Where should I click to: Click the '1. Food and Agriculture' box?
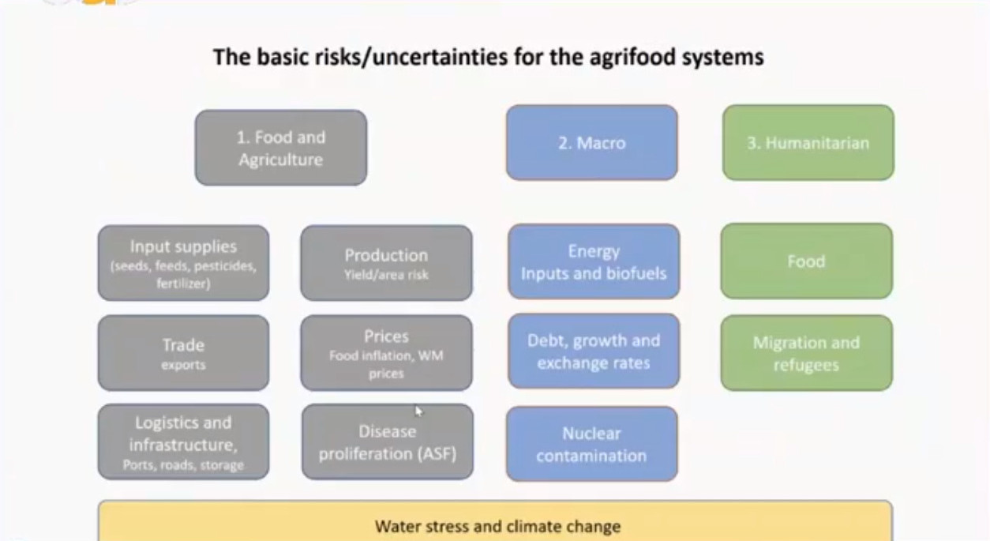pyautogui.click(x=281, y=148)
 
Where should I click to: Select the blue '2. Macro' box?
pyautogui.click(x=592, y=142)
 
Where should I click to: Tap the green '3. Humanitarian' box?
pyautogui.click(x=808, y=142)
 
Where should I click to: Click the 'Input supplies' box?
pyautogui.click(x=183, y=263)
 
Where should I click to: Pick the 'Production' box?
pyautogui.click(x=386, y=263)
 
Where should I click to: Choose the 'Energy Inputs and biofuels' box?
pyautogui.click(x=594, y=261)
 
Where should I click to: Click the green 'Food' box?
pyautogui.click(x=807, y=261)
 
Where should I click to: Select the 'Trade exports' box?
pyautogui.click(x=183, y=353)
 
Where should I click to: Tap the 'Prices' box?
pyautogui.click(x=386, y=353)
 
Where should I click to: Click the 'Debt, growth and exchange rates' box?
pyautogui.click(x=594, y=351)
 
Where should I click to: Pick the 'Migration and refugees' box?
pyautogui.click(x=807, y=353)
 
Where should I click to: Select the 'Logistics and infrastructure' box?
pyautogui.click(x=183, y=441)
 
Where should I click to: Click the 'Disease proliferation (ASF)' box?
pyautogui.click(x=388, y=441)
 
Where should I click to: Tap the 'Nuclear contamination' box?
pyautogui.click(x=592, y=444)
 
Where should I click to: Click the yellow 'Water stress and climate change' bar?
pyautogui.click(x=495, y=521)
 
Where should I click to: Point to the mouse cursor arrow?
pyautogui.click(x=418, y=411)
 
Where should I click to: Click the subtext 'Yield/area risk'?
pyautogui.click(x=386, y=275)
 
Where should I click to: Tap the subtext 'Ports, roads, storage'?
pyautogui.click(x=183, y=465)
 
